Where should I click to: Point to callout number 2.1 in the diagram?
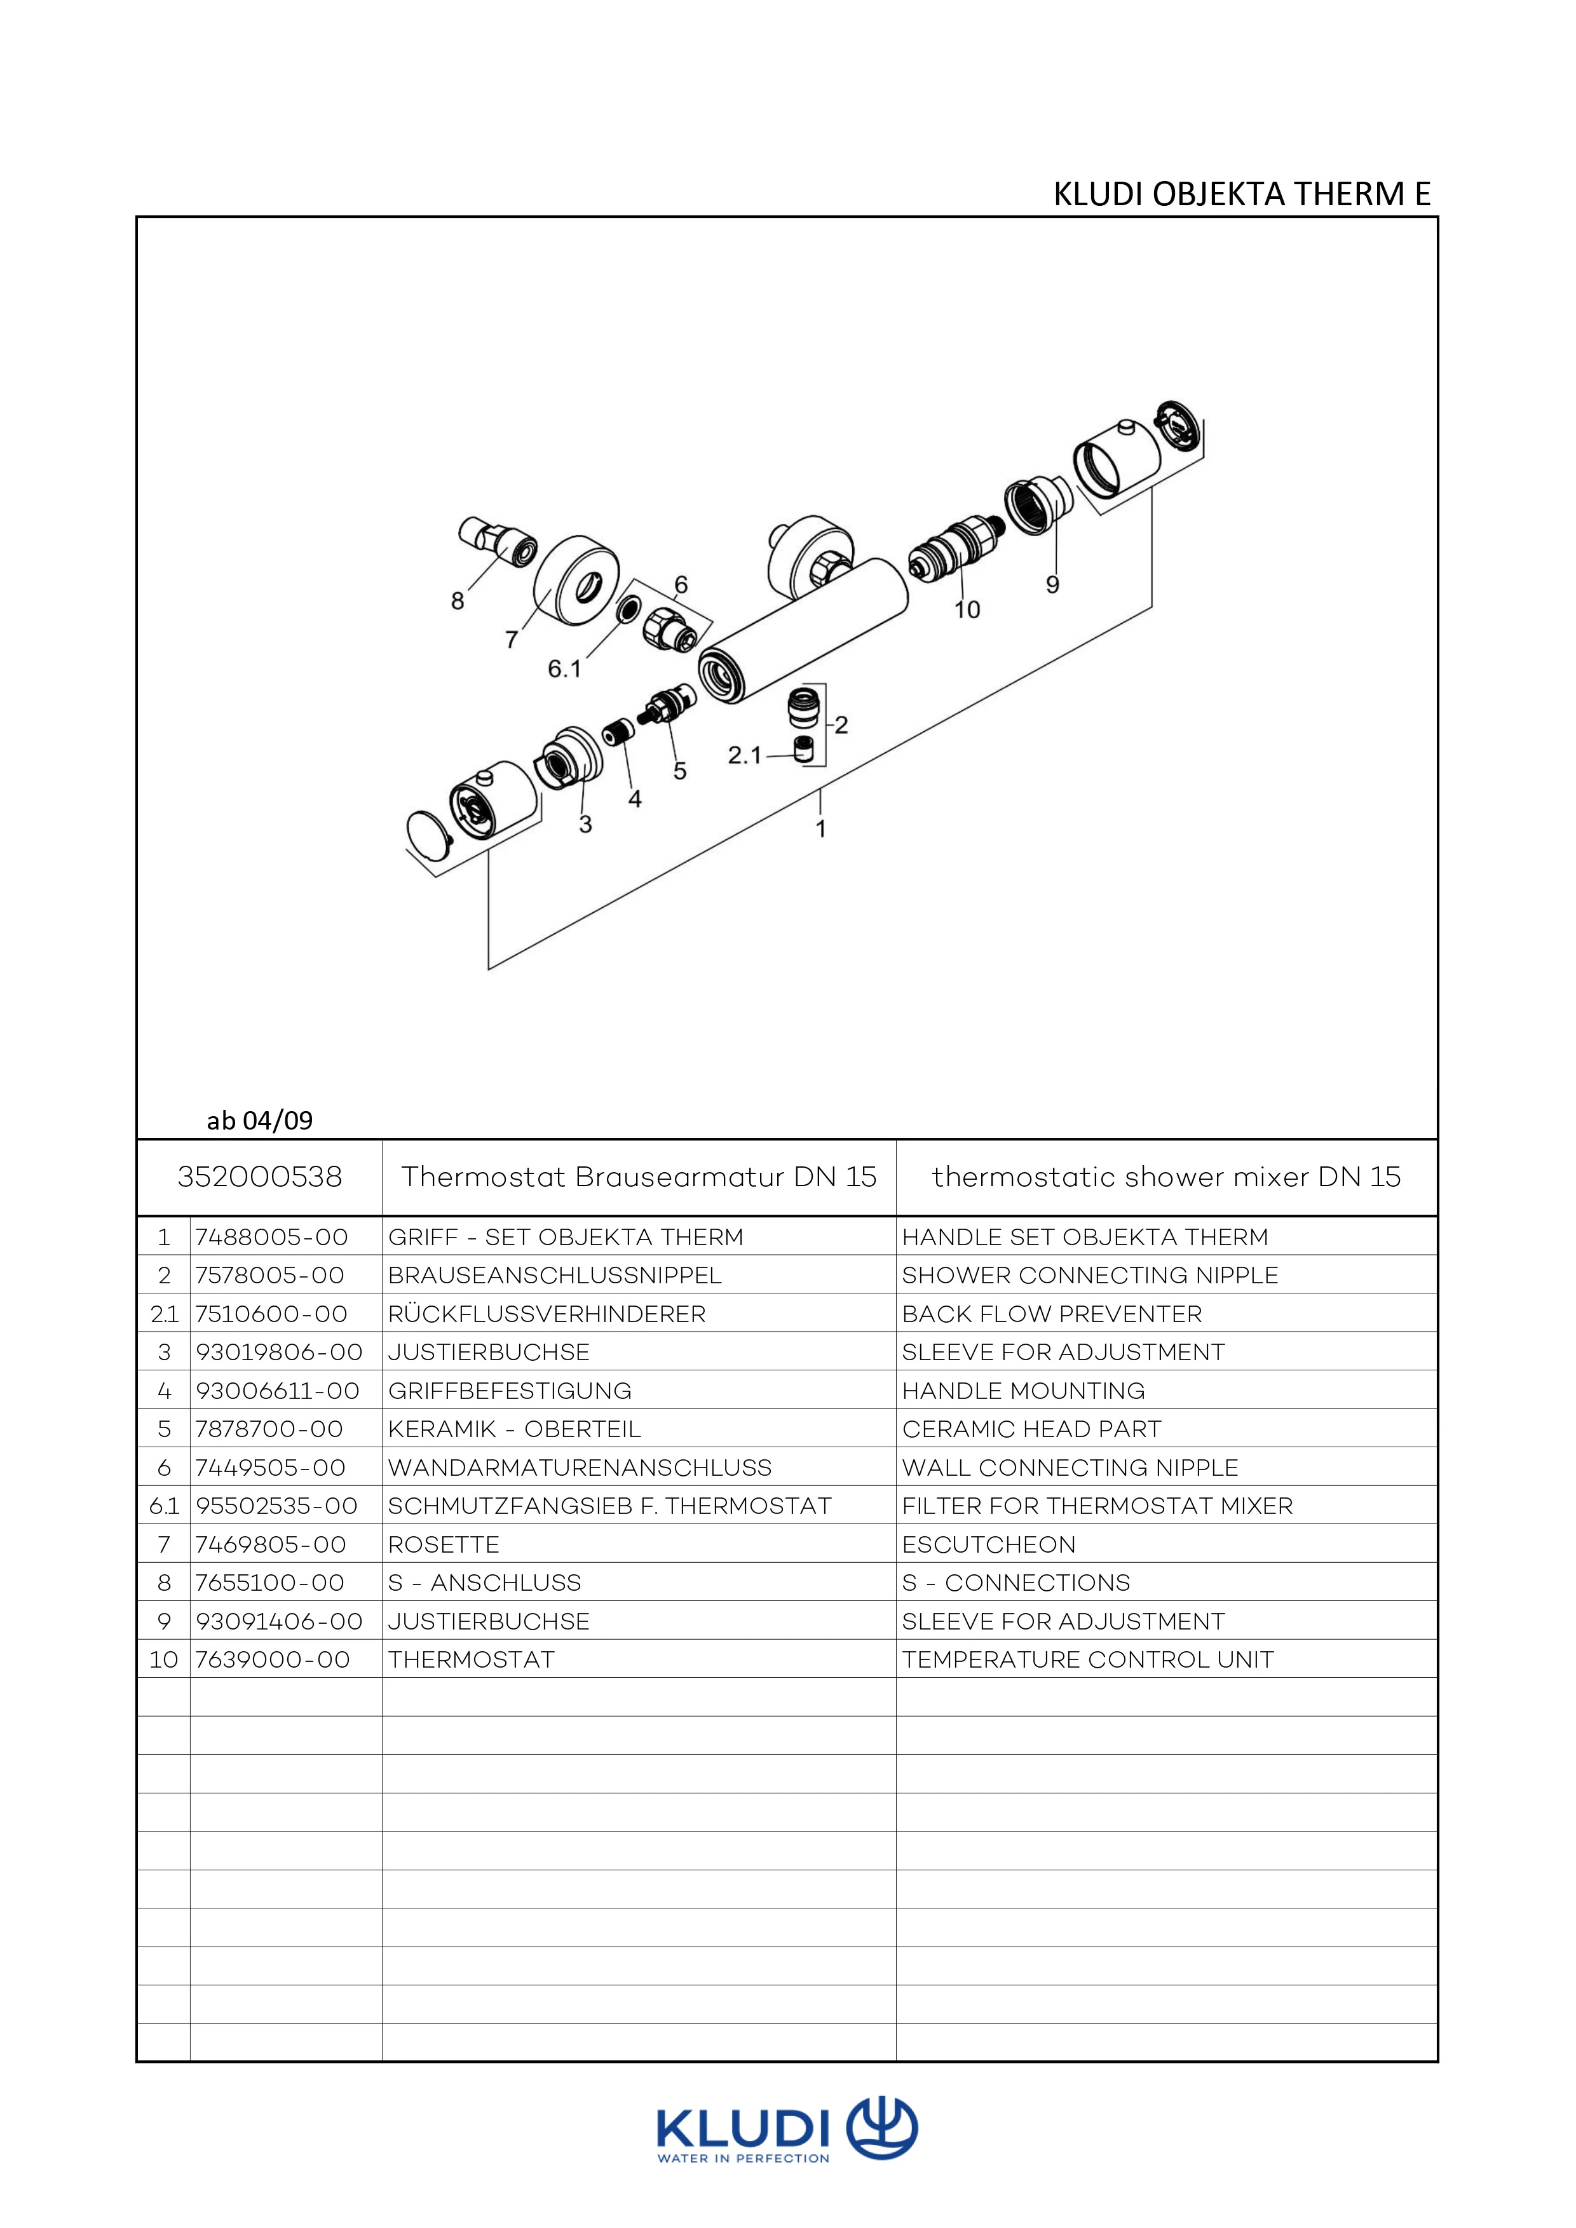click(745, 755)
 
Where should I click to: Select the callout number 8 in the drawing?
click(457, 602)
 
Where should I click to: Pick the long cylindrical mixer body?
click(803, 631)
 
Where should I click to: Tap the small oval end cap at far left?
click(428, 835)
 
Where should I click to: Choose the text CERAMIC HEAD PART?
click(1031, 1429)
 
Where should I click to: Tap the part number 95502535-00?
click(276, 1506)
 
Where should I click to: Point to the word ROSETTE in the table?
click(444, 1545)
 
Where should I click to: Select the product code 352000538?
click(260, 1177)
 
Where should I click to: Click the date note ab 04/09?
click(260, 1121)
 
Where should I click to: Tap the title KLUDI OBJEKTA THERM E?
click(1242, 195)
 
